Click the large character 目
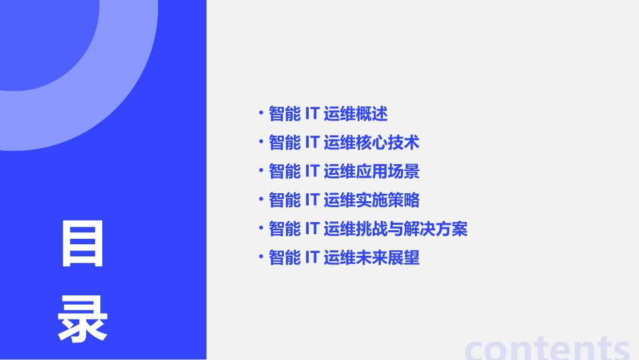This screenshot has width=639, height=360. tap(83, 244)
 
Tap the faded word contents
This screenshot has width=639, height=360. tap(548, 347)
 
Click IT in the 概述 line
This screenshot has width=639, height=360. tap(311, 114)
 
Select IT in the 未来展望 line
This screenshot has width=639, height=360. tap(311, 258)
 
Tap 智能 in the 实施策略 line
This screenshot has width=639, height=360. tap(285, 200)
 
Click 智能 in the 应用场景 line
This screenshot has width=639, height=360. tap(285, 172)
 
